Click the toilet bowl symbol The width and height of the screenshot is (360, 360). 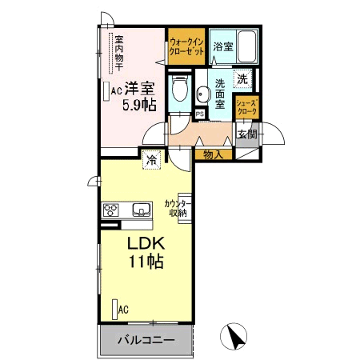(179, 87)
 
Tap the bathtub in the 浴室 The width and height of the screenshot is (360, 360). (247, 46)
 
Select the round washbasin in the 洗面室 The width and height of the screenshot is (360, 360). (202, 94)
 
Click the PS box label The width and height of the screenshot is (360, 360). (200, 114)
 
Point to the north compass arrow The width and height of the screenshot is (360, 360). (235, 337)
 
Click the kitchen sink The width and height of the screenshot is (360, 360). (142, 210)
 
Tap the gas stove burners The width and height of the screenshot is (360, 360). (110, 210)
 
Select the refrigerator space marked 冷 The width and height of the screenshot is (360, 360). (151, 160)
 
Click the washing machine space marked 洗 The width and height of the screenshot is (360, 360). (242, 78)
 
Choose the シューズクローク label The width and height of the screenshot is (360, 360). (247, 106)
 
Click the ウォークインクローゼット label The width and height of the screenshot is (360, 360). (186, 46)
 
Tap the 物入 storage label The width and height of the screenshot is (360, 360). (213, 154)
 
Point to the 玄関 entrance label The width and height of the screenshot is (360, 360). (247, 134)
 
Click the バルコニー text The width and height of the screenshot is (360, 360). (146, 340)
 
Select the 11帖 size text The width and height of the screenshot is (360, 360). (146, 262)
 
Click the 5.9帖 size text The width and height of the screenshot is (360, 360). (139, 105)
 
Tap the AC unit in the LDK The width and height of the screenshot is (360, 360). (115, 310)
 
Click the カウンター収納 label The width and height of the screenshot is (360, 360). (178, 208)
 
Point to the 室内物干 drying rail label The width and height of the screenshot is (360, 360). (119, 53)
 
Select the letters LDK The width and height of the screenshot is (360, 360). (146, 243)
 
